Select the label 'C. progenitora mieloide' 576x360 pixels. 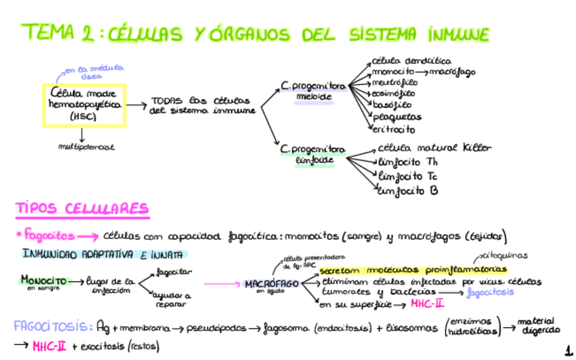[x=313, y=92]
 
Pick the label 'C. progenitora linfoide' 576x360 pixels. [x=312, y=155]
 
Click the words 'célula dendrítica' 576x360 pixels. [x=412, y=60]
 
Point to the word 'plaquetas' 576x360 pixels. [x=397, y=117]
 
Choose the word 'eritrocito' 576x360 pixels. [x=393, y=129]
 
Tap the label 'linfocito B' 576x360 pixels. [x=408, y=191]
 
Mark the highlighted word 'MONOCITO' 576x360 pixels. [x=43, y=280]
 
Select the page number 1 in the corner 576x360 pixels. [x=568, y=350]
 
